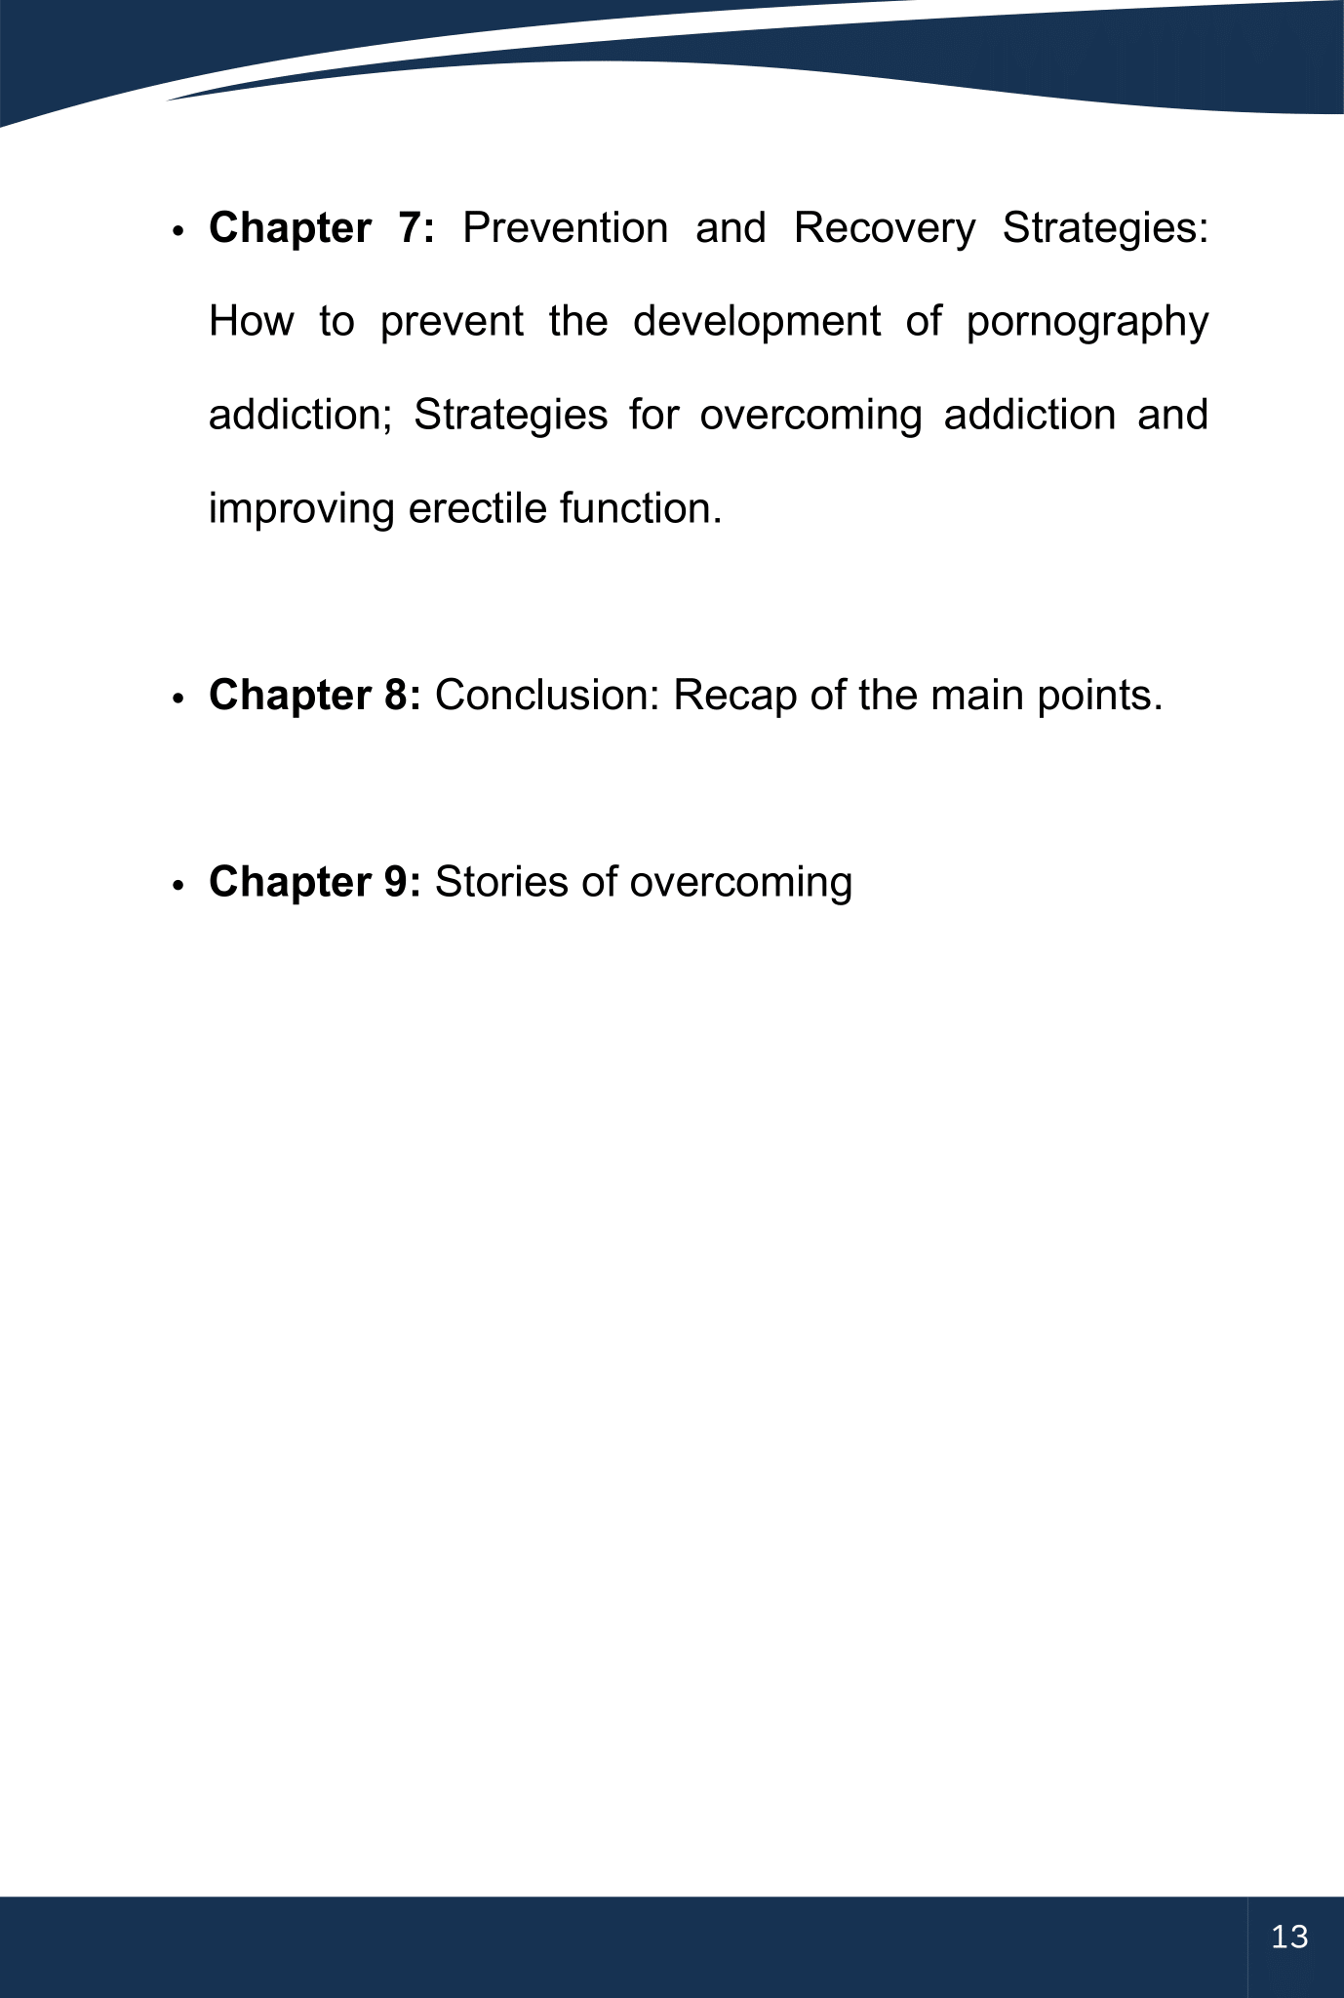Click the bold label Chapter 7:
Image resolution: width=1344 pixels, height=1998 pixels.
pyautogui.click(x=322, y=228)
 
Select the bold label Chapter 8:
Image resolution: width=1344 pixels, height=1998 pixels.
pyautogui.click(x=315, y=696)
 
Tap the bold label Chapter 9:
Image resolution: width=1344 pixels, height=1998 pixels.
pyautogui.click(x=315, y=882)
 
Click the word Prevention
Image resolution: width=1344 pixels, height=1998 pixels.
pyautogui.click(x=565, y=228)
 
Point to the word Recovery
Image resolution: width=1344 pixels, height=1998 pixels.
pyautogui.click(x=884, y=228)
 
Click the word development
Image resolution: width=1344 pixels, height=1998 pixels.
pyautogui.click(x=756, y=322)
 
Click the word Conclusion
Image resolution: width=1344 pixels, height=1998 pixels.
pyautogui.click(x=547, y=696)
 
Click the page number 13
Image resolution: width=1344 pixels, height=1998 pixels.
pyautogui.click(x=1289, y=1937)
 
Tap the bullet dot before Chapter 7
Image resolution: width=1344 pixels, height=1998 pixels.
pyautogui.click(x=178, y=232)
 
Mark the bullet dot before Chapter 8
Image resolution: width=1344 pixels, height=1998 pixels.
pyautogui.click(x=178, y=699)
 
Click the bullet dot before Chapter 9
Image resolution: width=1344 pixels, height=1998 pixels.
pyautogui.click(x=178, y=886)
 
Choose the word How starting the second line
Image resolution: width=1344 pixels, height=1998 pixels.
pyautogui.click(x=251, y=322)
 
